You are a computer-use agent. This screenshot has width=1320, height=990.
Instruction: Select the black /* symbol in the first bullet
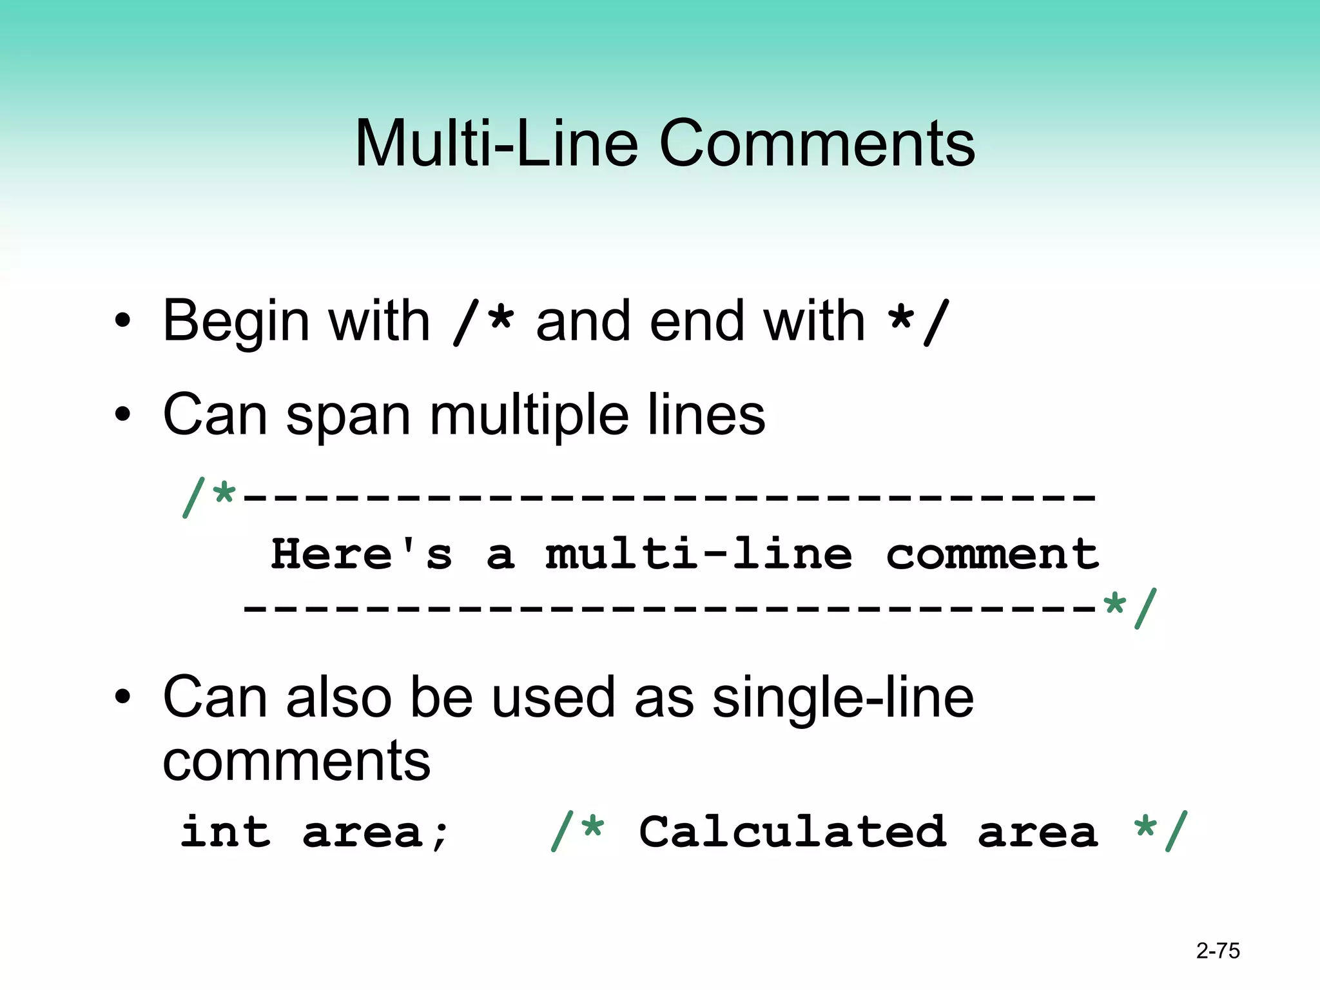pos(483,322)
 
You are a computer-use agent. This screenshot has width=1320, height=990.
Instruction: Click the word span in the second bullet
pos(348,416)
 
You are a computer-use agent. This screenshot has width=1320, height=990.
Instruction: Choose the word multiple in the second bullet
pos(529,416)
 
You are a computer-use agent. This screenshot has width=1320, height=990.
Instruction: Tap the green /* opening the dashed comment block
pos(209,498)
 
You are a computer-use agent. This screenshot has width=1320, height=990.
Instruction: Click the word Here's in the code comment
pos(361,554)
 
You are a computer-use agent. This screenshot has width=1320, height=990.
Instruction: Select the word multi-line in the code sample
pos(699,554)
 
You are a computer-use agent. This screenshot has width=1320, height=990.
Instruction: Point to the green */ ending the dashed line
pos(1129,607)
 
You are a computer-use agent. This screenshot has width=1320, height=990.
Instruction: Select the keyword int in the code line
pos(226,833)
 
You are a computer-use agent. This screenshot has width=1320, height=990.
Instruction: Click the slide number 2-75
pos(1218,951)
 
